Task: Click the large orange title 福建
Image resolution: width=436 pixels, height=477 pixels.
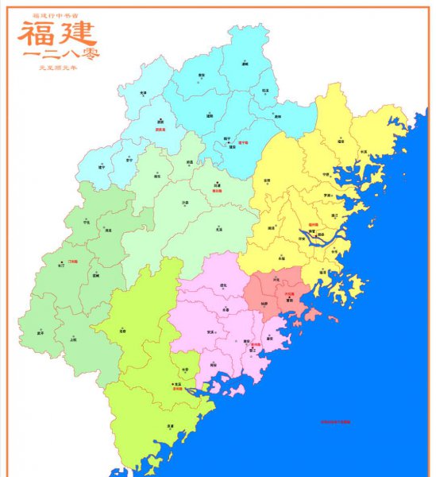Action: coord(57,33)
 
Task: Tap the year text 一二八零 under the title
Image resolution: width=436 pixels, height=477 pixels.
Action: coord(57,56)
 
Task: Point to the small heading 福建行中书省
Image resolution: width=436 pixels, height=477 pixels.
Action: coord(56,15)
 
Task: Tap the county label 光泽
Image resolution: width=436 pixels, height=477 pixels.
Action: coord(143,93)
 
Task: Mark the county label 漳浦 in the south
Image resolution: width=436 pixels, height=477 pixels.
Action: coord(170,426)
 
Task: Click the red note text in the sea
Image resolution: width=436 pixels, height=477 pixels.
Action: coord(334,422)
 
